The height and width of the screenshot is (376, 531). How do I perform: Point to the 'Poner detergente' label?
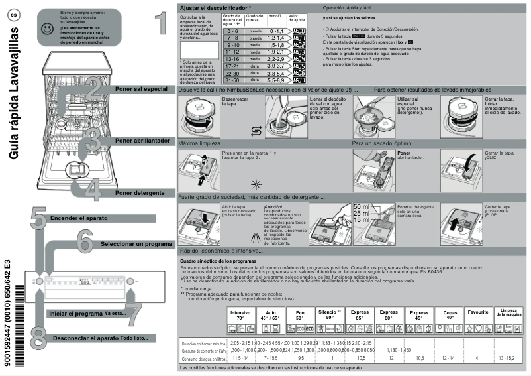(x=139, y=192)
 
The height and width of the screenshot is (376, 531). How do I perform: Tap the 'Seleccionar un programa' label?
(x=136, y=244)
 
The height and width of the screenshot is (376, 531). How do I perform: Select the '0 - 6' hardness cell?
(x=195, y=31)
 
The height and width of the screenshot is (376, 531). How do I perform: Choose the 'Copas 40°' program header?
(x=450, y=314)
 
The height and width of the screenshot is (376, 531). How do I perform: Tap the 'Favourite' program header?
(x=477, y=312)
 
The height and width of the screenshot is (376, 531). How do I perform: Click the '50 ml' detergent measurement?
(x=362, y=207)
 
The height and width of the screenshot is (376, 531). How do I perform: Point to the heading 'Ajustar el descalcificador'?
(x=219, y=6)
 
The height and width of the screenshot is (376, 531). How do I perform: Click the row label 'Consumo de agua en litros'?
(x=203, y=357)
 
